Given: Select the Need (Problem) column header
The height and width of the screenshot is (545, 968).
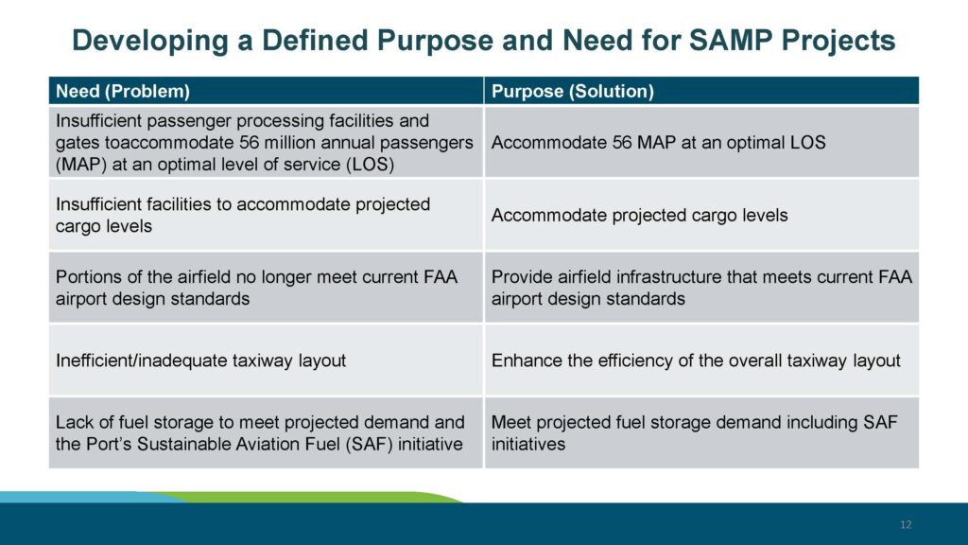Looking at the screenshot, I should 123,92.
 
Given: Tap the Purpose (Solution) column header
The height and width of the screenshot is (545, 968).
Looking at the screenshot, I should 573,92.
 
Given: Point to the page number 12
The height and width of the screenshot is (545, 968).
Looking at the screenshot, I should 906,525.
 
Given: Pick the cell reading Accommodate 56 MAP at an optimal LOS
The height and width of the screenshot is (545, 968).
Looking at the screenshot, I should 659,143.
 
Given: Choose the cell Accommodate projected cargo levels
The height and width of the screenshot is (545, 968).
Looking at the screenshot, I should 639,215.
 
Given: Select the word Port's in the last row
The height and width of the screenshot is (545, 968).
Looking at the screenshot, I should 107,444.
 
